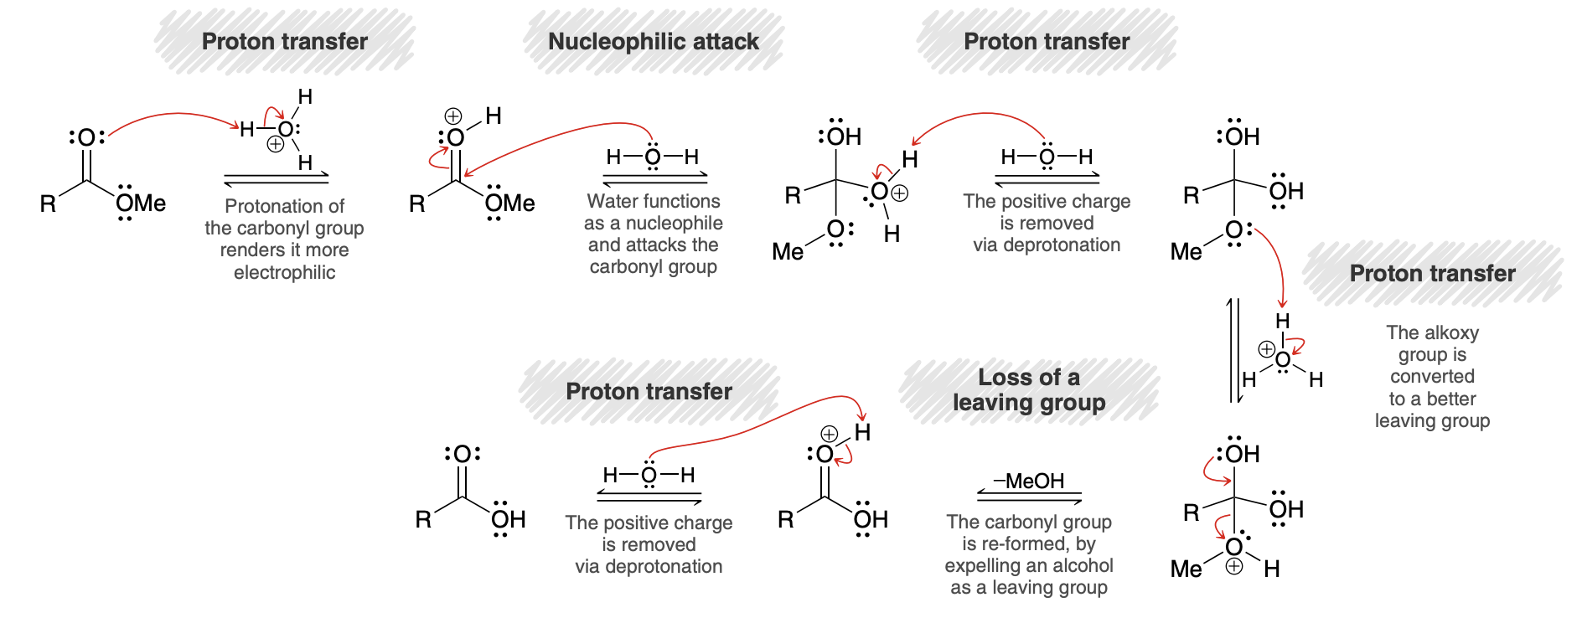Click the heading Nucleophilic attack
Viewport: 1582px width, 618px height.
[653, 41]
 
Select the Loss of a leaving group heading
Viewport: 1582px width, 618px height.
[1029, 389]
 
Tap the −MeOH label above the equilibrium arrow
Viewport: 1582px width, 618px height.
[1029, 481]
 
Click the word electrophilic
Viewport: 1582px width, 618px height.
[285, 272]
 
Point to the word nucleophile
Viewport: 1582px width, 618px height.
[674, 223]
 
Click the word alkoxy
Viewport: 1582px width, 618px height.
[1453, 332]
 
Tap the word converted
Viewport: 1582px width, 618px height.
[1432, 377]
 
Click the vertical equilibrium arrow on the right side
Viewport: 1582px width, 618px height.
[1233, 350]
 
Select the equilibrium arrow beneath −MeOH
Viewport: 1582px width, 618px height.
[1029, 497]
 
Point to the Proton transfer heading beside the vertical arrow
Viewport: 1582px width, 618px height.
[1432, 273]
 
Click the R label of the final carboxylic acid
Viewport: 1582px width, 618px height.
[423, 519]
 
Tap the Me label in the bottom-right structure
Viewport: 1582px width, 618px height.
[1186, 569]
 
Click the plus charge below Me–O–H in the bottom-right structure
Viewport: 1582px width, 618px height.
[1234, 567]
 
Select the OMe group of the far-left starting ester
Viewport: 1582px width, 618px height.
[141, 203]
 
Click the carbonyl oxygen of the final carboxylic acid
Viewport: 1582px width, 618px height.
[462, 454]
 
